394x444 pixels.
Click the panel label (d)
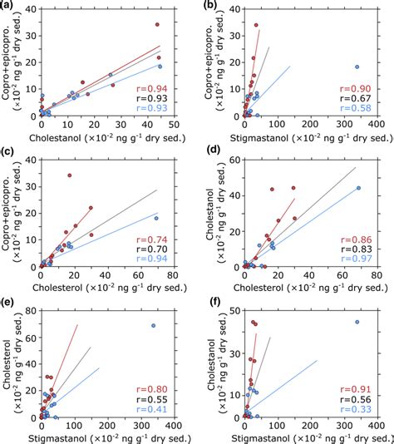click(x=209, y=155)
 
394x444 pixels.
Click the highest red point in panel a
click(x=157, y=25)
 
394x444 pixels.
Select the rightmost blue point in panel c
click(x=156, y=218)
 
